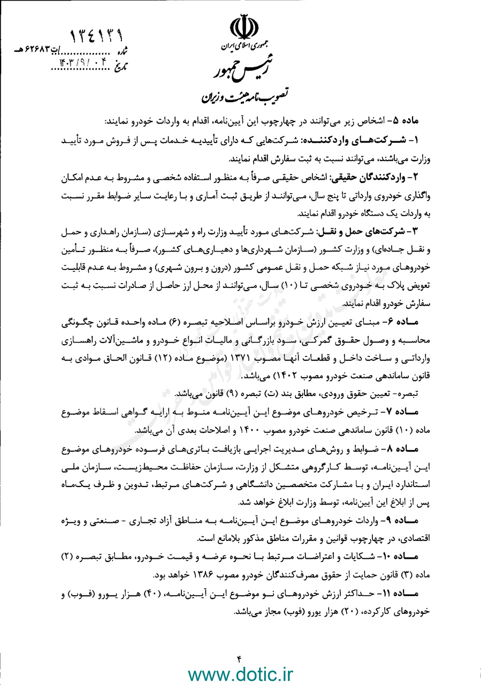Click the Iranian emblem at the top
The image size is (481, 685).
(x=241, y=29)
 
